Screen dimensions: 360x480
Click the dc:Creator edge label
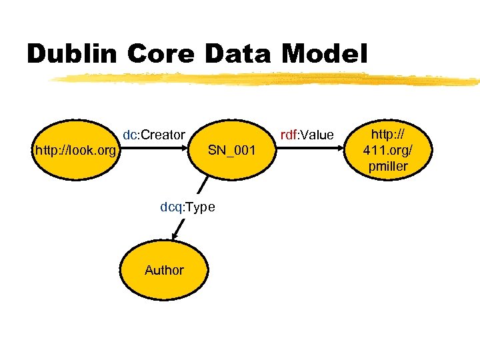tap(153, 135)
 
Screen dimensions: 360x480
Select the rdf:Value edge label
tap(307, 135)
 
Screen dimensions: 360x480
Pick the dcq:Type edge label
tap(187, 207)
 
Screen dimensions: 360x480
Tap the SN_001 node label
tap(231, 151)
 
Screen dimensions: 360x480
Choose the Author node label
tap(164, 270)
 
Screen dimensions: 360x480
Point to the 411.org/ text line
tap(387, 151)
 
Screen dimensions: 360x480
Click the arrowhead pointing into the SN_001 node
tap(194, 151)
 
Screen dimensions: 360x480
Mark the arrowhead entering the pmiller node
tap(341, 151)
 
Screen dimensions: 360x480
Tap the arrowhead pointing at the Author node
tap(175, 235)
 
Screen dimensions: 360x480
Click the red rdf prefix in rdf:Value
tap(288, 135)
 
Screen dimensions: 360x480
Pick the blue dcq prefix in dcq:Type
tap(170, 207)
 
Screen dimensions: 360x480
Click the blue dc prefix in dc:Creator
tap(129, 135)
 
